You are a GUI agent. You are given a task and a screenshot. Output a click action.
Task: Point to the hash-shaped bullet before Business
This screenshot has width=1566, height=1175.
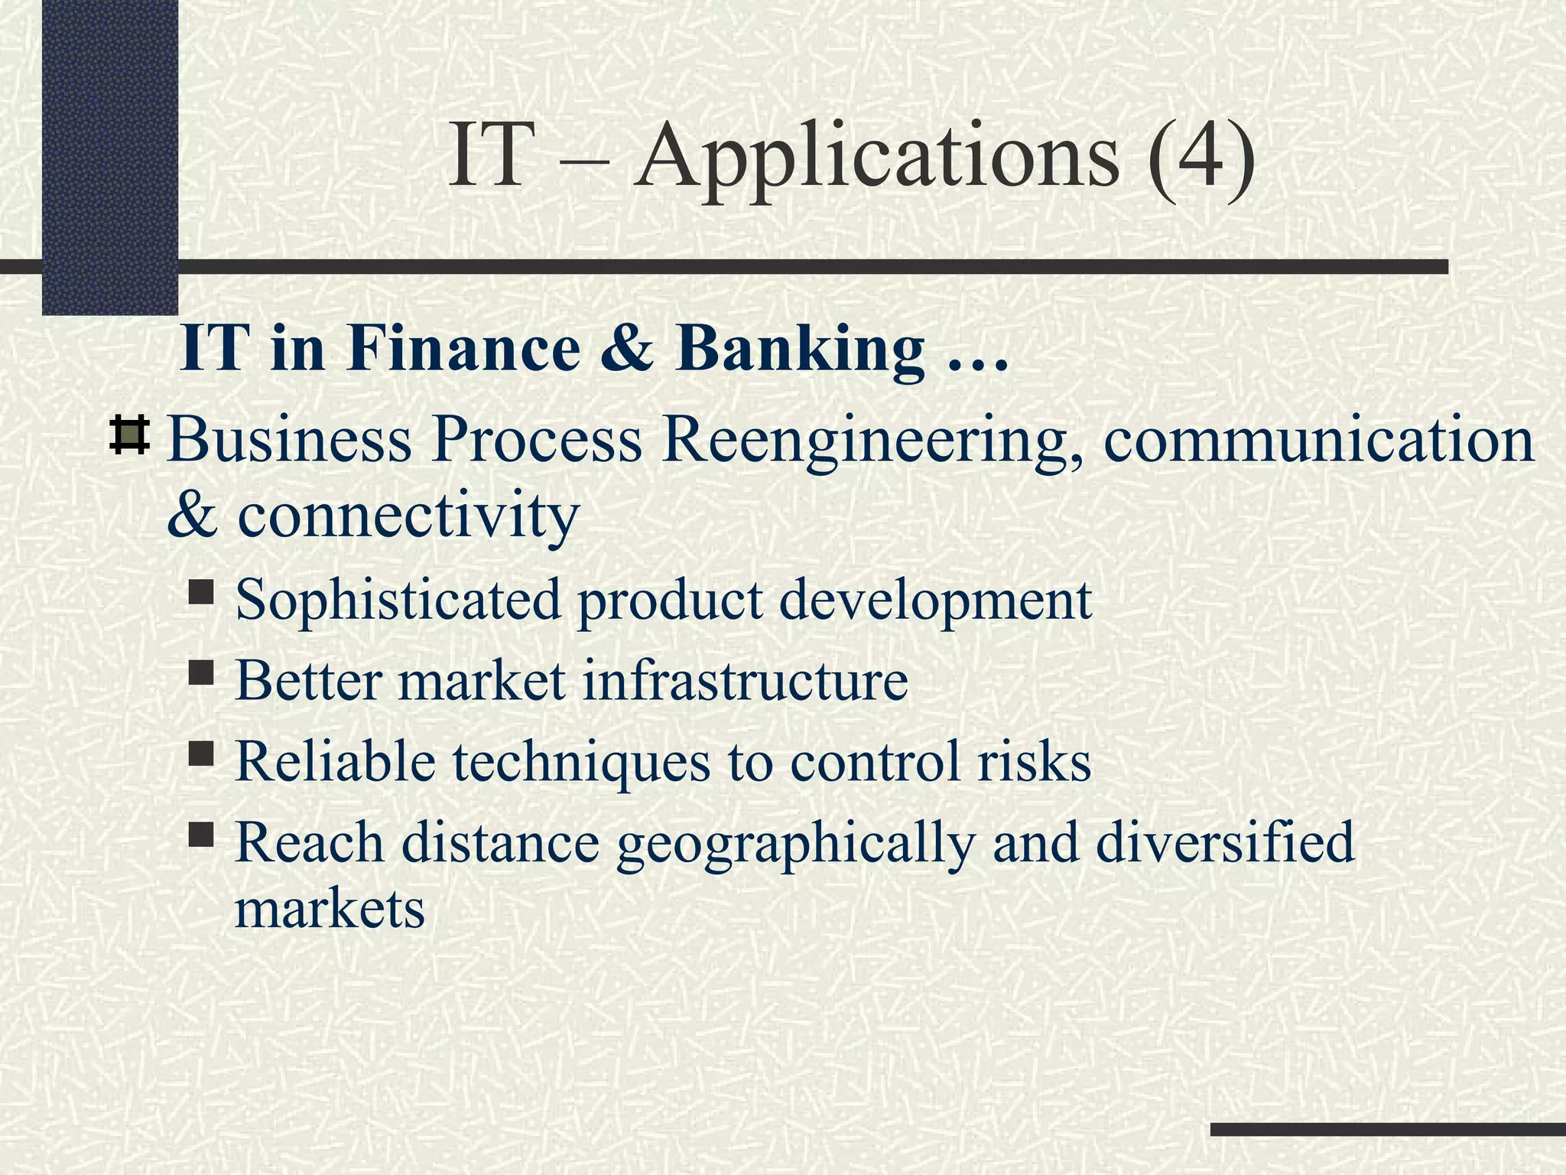[x=129, y=436]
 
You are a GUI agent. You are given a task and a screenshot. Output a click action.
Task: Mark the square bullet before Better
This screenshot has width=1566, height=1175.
[x=201, y=672]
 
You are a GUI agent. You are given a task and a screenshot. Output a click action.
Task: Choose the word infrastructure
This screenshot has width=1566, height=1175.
[x=745, y=680]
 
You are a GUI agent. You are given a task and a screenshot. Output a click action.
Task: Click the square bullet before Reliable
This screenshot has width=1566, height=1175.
[x=201, y=754]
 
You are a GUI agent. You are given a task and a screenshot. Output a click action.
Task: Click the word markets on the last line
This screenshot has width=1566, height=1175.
[x=330, y=909]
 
